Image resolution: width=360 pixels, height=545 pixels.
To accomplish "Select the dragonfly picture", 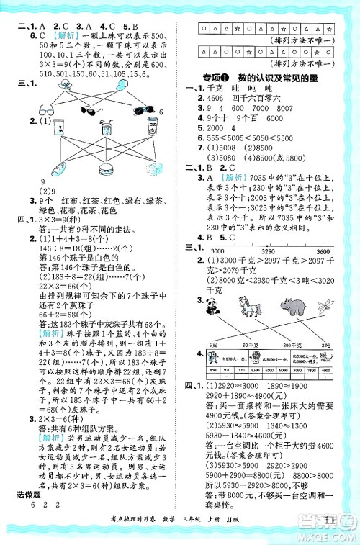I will click(x=326, y=305).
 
